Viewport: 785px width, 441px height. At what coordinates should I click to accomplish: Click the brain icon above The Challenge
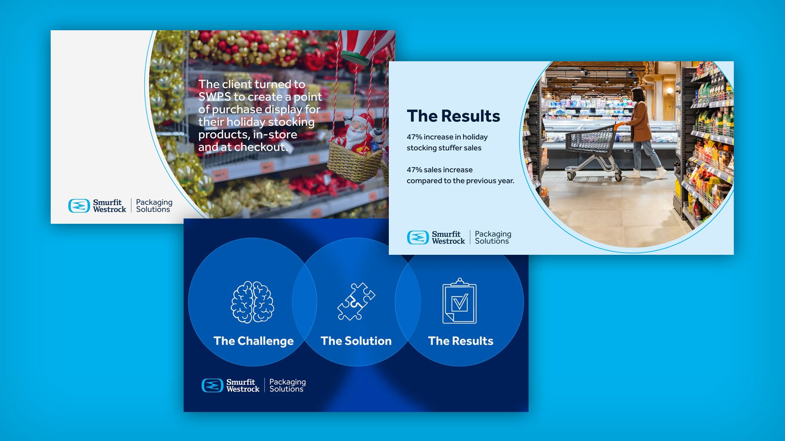[253, 302]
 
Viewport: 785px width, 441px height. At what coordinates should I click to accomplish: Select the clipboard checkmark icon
[460, 301]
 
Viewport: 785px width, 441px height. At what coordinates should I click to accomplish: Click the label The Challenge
[253, 341]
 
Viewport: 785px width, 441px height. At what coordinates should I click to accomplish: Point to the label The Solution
[356, 341]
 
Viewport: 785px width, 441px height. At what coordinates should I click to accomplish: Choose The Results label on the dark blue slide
[461, 341]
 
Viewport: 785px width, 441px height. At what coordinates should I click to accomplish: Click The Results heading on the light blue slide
[453, 116]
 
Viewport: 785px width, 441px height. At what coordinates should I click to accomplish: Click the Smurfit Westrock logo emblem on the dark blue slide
[212, 385]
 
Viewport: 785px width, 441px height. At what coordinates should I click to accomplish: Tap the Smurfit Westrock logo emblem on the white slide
[79, 206]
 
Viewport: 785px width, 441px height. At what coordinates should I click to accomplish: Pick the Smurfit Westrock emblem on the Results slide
[418, 238]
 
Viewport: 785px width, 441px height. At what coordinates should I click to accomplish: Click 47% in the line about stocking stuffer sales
[414, 137]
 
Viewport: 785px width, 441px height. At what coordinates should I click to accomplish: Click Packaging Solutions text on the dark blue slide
[287, 385]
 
